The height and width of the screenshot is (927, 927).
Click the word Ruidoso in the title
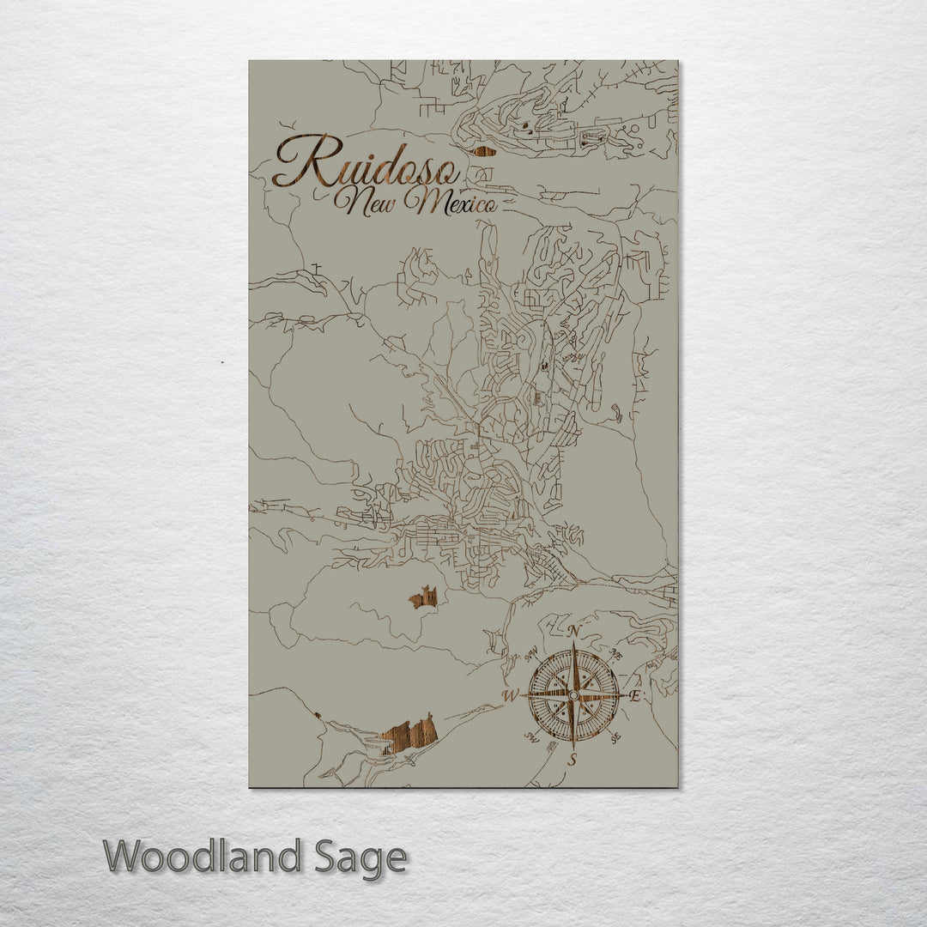365,163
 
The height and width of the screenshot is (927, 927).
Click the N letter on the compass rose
575,633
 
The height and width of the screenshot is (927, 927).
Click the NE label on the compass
615,655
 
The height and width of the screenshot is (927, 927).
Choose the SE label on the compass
615,736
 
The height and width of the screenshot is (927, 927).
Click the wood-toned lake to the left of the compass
425,597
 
